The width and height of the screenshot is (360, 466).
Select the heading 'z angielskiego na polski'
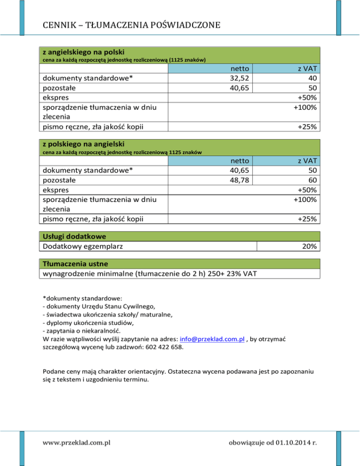click(83, 51)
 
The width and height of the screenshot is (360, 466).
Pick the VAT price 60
click(311, 180)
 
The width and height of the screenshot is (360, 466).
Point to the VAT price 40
click(311, 78)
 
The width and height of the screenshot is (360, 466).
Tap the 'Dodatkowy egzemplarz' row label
click(84, 246)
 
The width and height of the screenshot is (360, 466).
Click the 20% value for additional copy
click(309, 246)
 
